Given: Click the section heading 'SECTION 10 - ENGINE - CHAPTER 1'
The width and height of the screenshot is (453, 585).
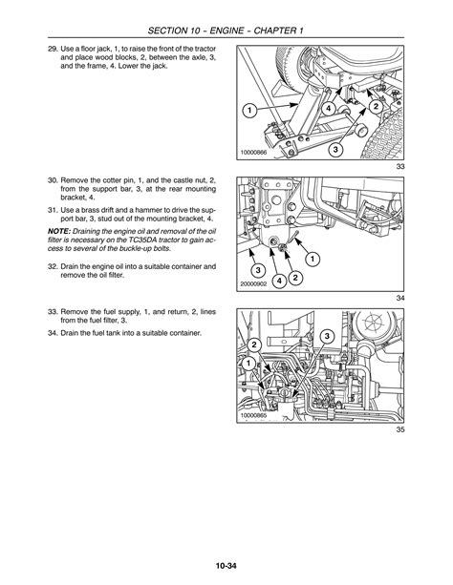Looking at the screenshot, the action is coord(226,31).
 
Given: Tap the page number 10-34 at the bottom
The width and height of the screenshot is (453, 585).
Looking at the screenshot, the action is coord(226,566).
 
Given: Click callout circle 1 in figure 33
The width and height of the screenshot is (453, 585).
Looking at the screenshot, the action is coord(248,110).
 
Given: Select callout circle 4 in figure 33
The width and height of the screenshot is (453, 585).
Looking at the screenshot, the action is coord(329,109).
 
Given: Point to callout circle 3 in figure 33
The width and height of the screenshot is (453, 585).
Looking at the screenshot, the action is coord(335,149).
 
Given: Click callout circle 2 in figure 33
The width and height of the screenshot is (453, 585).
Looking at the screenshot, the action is coord(376,106).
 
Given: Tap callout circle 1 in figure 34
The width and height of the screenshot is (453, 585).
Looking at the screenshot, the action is coord(313,259).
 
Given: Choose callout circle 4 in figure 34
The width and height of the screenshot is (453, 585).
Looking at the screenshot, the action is coord(279,281).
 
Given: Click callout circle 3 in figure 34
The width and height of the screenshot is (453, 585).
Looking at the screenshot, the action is coord(257,270).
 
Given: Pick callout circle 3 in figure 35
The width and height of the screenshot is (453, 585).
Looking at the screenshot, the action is coord(327,337).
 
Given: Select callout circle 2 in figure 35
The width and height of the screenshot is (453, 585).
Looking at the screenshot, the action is coord(254,345).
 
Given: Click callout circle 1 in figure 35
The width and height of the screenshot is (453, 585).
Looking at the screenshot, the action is coord(248,364).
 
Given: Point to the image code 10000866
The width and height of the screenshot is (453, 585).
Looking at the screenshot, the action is coord(253,153).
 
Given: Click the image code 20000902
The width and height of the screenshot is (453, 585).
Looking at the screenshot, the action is coord(253,284).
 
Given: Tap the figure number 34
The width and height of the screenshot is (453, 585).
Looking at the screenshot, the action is coord(400,298).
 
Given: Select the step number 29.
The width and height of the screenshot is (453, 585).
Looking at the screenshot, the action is coord(53,49).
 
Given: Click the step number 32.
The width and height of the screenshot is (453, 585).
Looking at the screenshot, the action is coord(53,266).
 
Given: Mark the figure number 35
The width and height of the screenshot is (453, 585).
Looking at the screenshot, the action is coord(400,429).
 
